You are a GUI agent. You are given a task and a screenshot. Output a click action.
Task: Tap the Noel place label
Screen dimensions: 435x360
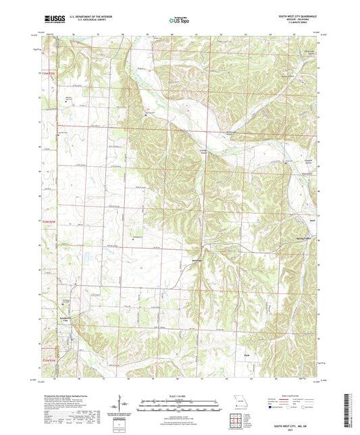(312, 220)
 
